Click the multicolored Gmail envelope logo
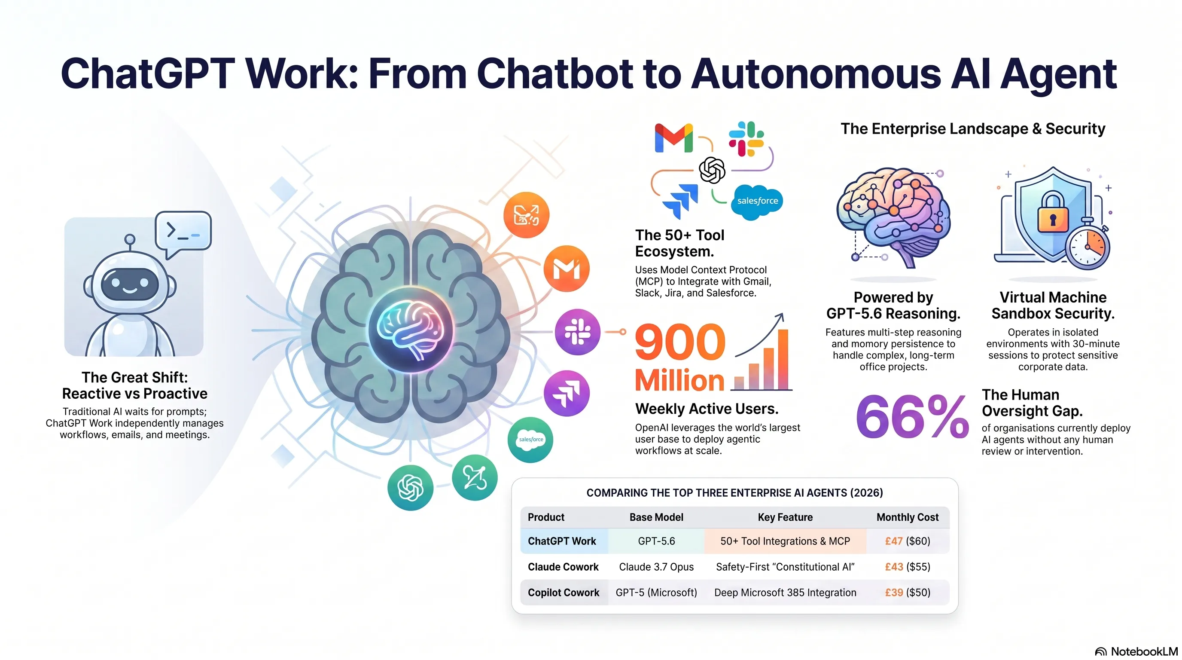pyautogui.click(x=673, y=137)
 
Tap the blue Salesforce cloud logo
pyautogui.click(x=757, y=202)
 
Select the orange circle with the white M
pyautogui.click(x=567, y=269)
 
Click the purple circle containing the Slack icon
pyautogui.click(x=577, y=332)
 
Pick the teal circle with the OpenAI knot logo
pyautogui.click(x=410, y=487)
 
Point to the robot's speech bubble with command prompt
pyautogui.click(x=183, y=234)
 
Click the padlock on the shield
pyautogui.click(x=1053, y=211)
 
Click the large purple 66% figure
pyautogui.click(x=912, y=417)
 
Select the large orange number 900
pyautogui.click(x=680, y=342)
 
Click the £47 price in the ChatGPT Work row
pyautogui.click(x=893, y=541)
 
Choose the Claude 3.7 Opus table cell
pyautogui.click(x=656, y=567)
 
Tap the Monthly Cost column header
pyautogui.click(x=907, y=517)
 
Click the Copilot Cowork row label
pyautogui.click(x=564, y=593)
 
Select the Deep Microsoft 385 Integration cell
pyautogui.click(x=785, y=593)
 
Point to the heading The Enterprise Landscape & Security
pyautogui.click(x=973, y=129)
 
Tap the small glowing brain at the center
pyautogui.click(x=410, y=330)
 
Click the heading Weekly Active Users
pyautogui.click(x=707, y=409)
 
